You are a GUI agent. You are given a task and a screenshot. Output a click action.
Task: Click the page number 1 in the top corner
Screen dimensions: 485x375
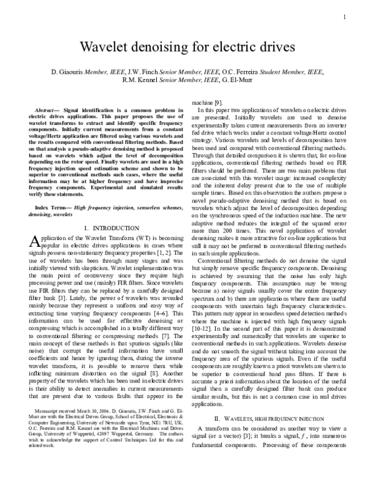[x=344, y=17]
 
